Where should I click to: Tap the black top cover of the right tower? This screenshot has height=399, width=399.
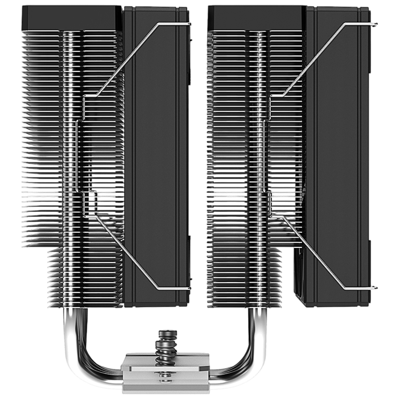(x=259, y=18)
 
